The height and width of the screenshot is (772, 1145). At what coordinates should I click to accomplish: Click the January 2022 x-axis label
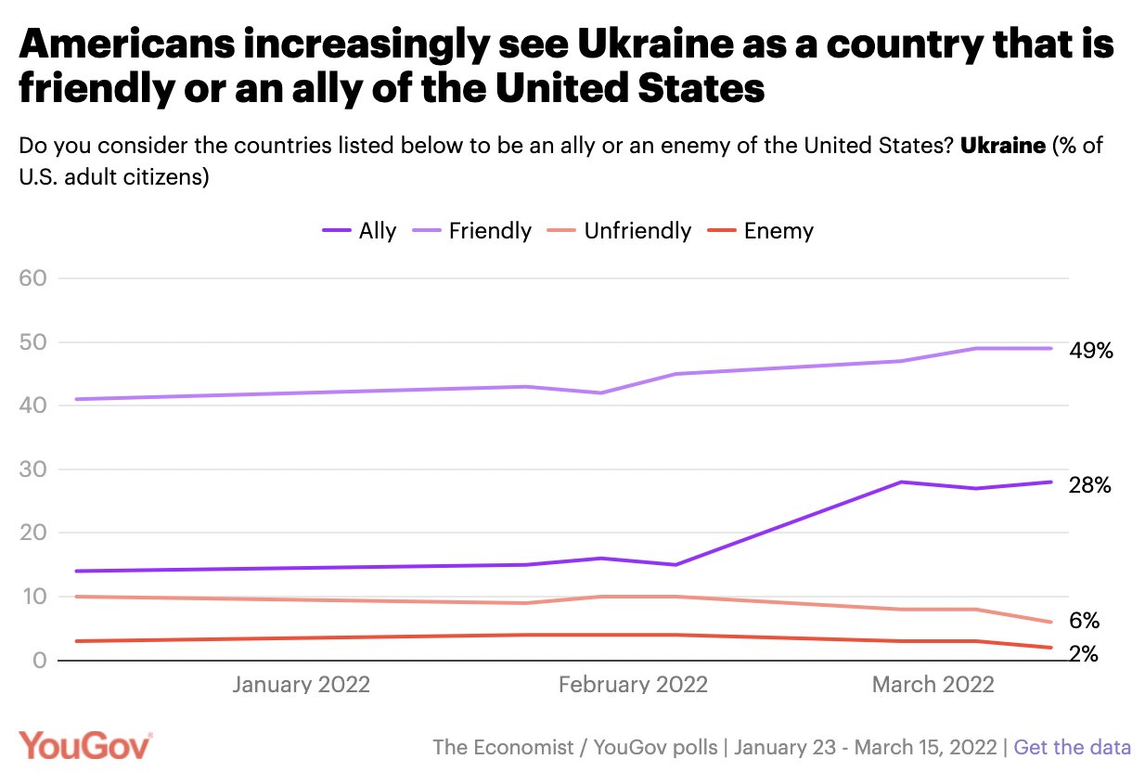pyautogui.click(x=301, y=685)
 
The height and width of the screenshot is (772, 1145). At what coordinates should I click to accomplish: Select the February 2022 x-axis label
pyautogui.click(x=633, y=685)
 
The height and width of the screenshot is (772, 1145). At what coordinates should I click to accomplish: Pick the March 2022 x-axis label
pyautogui.click(x=933, y=685)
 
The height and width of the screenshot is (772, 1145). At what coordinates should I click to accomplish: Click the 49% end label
pyautogui.click(x=1089, y=351)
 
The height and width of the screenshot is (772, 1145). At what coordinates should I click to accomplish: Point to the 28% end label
pyautogui.click(x=1089, y=485)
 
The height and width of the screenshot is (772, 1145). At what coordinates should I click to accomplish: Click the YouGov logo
pyautogui.click(x=85, y=746)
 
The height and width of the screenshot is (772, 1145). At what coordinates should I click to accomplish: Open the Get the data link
pyautogui.click(x=1072, y=747)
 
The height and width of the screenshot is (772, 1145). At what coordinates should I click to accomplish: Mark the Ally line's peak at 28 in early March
pyautogui.click(x=900, y=482)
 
